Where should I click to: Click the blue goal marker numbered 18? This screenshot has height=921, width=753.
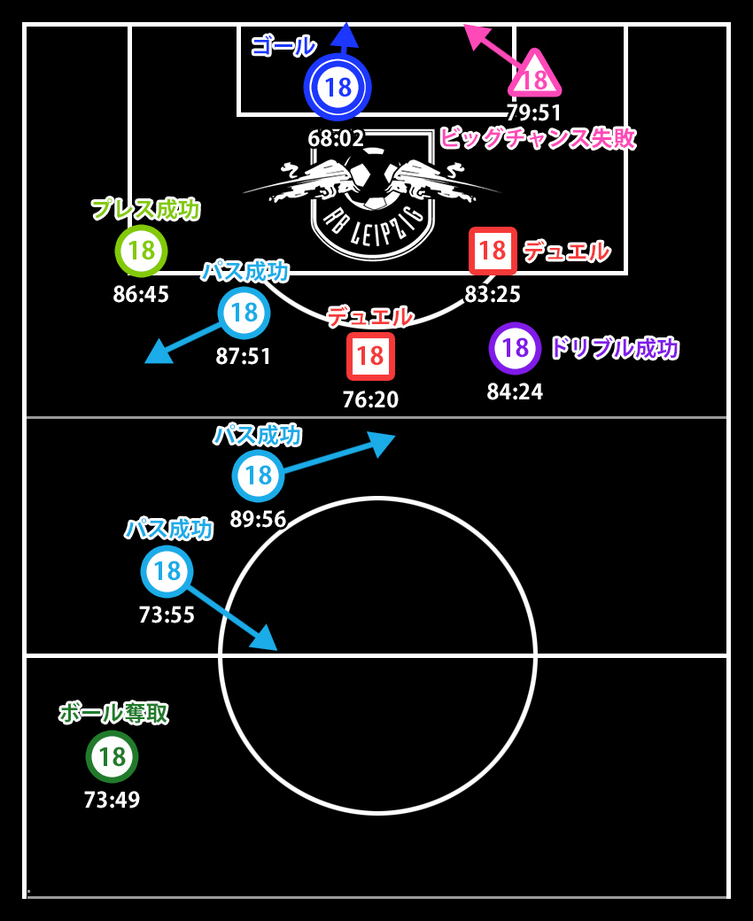point(337,87)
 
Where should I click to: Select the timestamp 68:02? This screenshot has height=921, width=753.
point(336,139)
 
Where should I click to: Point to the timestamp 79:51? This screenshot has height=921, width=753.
point(534,113)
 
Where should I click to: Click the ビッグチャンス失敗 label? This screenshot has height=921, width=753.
point(537,138)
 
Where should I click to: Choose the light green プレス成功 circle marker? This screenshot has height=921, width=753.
point(141,251)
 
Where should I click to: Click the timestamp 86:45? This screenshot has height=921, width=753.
point(141,294)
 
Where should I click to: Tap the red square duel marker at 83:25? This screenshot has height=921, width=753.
point(493,251)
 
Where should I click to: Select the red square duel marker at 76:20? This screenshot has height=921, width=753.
point(370,356)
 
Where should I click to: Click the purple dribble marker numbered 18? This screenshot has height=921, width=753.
point(515,348)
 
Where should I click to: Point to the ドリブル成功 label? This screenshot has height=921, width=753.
point(614,348)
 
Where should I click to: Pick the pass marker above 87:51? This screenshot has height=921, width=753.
point(244,313)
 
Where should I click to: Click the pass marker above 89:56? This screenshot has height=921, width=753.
point(258,476)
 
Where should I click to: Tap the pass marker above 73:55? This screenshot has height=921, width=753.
point(167,571)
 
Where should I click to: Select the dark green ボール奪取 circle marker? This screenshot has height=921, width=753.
point(112,756)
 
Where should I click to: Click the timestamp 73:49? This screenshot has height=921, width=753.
point(112,800)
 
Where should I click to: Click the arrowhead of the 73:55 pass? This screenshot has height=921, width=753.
point(267,641)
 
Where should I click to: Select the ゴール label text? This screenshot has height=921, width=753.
point(283,45)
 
